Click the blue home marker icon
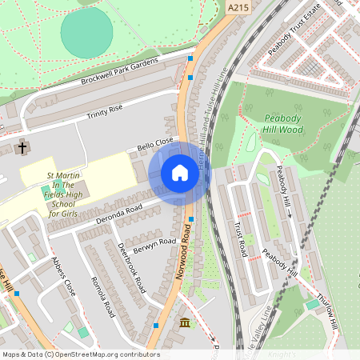180,173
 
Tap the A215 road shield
238,8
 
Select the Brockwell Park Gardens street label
120,71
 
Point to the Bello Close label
155,144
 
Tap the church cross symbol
22,148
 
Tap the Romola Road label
103,295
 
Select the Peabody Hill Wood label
284,124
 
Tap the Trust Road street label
238,238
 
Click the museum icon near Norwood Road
186,323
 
